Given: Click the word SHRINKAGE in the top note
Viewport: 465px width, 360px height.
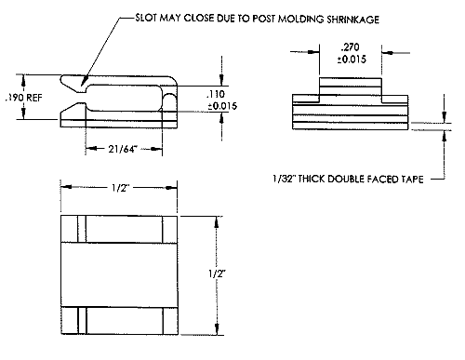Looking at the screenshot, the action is coord(352,20).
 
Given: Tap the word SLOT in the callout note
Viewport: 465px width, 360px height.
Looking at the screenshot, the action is coord(146,18).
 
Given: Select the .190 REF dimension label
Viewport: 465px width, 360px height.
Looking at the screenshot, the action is coord(24,98).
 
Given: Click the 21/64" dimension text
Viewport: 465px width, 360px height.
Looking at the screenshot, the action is coord(123,149).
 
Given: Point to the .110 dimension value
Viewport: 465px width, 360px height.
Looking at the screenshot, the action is coord(216,94).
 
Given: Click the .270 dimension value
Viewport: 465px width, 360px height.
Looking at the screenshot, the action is coord(350,47).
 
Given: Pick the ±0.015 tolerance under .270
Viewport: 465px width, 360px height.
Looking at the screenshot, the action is coord(352,60).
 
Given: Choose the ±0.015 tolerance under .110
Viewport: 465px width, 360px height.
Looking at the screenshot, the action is coord(222,106).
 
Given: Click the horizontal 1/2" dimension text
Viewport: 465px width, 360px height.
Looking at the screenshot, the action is coord(120,188).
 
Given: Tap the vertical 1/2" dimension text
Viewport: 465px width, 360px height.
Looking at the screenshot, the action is coord(217,273).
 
